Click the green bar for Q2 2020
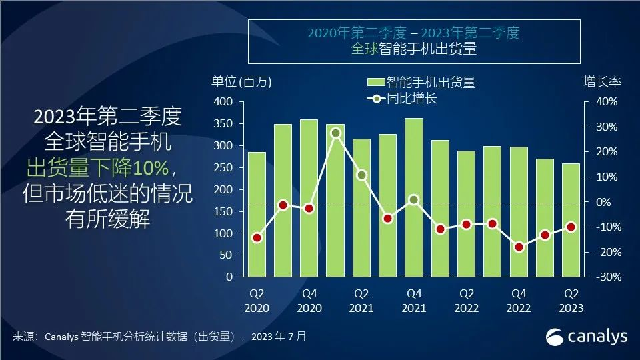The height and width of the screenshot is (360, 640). tap(257, 214)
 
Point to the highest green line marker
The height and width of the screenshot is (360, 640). tap(335, 133)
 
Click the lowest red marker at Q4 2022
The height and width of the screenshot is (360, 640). tap(519, 247)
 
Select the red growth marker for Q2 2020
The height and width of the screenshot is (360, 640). tap(257, 237)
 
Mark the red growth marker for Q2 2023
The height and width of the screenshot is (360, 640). tap(571, 227)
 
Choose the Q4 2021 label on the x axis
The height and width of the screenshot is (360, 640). tap(413, 300)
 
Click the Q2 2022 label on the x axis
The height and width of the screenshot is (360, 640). tap(466, 300)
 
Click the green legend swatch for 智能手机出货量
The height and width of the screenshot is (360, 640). tap(375, 83)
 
